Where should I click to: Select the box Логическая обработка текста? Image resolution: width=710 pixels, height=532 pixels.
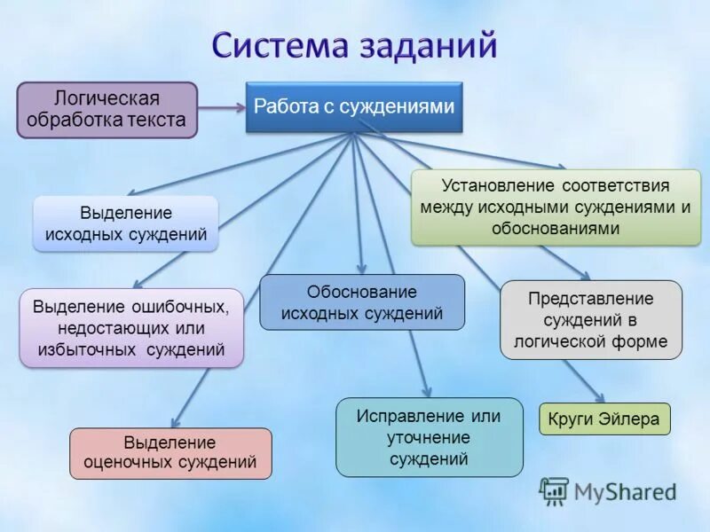[x=106, y=109]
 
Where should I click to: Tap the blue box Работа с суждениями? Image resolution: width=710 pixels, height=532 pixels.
[x=354, y=106]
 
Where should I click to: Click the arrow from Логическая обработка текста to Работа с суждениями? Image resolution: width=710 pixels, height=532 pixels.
[x=221, y=107]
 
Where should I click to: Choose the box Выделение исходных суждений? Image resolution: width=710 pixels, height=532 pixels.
[x=126, y=223]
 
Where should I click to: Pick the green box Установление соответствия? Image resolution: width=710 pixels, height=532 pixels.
[x=556, y=207]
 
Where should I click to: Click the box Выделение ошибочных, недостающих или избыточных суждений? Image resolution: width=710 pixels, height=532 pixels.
[x=131, y=328]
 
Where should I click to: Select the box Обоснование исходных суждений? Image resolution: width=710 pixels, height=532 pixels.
[x=361, y=302]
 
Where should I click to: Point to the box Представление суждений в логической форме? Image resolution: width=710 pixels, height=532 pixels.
[x=591, y=319]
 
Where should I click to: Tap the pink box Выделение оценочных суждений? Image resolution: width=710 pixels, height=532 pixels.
[x=170, y=452]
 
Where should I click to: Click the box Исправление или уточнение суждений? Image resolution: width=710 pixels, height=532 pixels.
[x=429, y=437]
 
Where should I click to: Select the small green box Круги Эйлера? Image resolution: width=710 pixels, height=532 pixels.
[x=604, y=419]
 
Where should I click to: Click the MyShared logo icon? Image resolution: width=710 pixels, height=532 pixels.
[x=554, y=490]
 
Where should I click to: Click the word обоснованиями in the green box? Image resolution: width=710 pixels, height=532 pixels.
[x=556, y=228]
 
